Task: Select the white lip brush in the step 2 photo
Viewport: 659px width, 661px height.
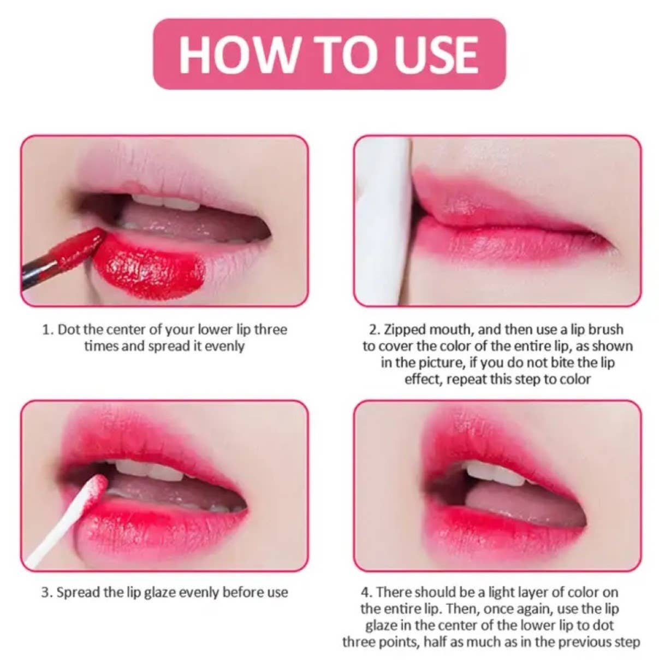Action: coord(389,219)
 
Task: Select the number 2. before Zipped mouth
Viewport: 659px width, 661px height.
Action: coord(375,329)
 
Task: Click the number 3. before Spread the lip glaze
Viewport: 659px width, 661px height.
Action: coord(47,592)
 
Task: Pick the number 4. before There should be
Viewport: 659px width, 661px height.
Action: coord(367,592)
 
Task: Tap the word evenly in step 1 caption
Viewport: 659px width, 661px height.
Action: coord(224,346)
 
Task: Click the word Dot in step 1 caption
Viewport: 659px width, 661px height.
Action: coord(68,329)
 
